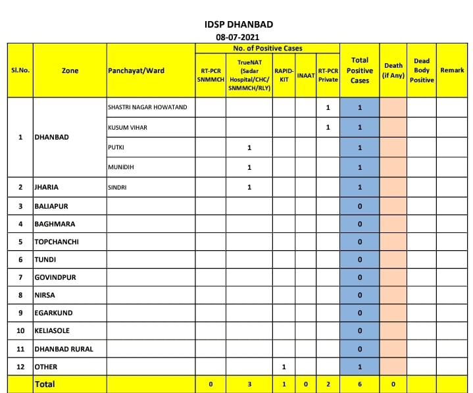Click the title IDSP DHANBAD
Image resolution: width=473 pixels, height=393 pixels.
(239, 24)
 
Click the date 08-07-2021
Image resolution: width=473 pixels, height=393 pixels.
(239, 38)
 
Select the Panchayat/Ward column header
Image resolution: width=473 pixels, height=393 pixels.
(136, 70)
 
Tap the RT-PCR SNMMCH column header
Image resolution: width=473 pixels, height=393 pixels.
(211, 74)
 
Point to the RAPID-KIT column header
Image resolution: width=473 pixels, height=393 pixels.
(284, 74)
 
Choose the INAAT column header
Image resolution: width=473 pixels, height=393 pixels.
(305, 75)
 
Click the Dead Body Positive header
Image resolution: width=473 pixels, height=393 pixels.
(421, 70)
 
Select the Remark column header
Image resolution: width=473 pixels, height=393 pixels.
(452, 70)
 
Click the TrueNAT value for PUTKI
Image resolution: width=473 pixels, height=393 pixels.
(249, 147)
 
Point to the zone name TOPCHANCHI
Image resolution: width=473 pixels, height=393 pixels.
(57, 242)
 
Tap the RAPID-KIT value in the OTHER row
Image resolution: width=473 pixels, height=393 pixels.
(284, 367)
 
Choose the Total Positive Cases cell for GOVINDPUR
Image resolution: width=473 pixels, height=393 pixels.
(360, 277)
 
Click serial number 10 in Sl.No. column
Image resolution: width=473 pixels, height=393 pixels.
(20, 330)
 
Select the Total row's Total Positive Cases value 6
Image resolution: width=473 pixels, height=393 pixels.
(360, 384)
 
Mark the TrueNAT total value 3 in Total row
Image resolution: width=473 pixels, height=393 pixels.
(249, 384)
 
